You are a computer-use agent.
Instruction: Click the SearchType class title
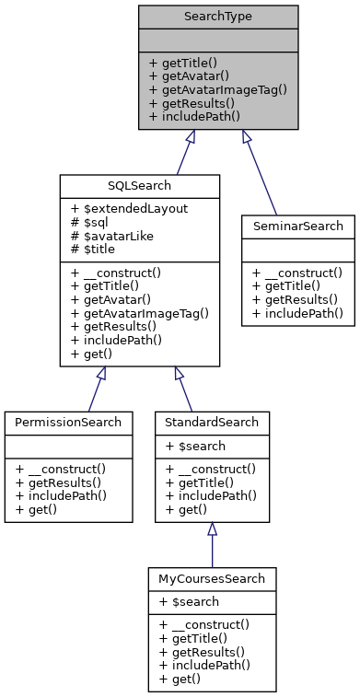point(218,17)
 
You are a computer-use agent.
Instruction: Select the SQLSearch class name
point(139,185)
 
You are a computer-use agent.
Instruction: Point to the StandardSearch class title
point(212,422)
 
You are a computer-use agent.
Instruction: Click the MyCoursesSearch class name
point(212,579)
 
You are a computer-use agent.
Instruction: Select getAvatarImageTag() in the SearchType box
point(218,90)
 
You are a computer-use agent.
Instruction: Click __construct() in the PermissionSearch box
point(61,468)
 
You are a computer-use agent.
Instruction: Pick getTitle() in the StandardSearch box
point(202,482)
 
